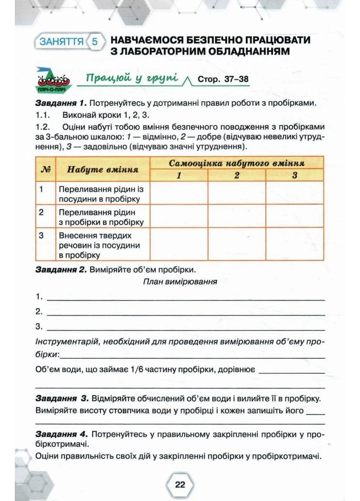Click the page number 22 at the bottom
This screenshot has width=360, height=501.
coord(180,484)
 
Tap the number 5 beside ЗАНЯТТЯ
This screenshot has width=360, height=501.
coord(94,42)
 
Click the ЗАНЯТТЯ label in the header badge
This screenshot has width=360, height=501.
coord(61,42)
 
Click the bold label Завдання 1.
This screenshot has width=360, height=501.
coord(61,103)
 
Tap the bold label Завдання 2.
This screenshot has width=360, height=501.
coord(61,269)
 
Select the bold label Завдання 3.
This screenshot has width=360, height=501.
coord(62,399)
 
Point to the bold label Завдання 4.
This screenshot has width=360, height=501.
coord(62,434)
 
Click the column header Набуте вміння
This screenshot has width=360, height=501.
coord(103,170)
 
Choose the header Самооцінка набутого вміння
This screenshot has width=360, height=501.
coord(237,163)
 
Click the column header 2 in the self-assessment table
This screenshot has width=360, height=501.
coord(237,175)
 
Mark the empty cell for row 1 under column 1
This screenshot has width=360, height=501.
coord(179,193)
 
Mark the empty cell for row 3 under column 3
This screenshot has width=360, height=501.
coord(294,244)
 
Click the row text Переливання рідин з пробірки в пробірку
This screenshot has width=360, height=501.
coord(101,217)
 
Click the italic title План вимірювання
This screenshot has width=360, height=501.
coord(180,282)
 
